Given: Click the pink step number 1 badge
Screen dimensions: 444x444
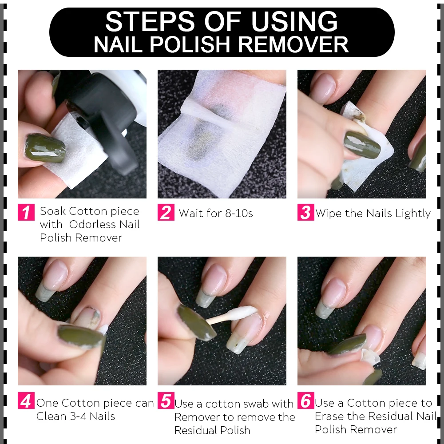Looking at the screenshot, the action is click(x=26, y=212).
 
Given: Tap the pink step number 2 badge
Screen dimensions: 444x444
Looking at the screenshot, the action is click(x=166, y=212).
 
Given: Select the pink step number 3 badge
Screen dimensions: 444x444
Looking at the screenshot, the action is click(x=306, y=212).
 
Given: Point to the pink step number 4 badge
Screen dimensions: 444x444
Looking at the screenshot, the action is click(x=26, y=400).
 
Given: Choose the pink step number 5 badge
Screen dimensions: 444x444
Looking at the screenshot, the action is click(x=166, y=400).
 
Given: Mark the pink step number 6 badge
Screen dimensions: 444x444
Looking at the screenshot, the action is click(x=306, y=400).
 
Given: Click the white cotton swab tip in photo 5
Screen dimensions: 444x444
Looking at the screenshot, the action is click(x=242, y=312).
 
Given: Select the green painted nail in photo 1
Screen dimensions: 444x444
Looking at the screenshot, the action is click(x=45, y=148).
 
